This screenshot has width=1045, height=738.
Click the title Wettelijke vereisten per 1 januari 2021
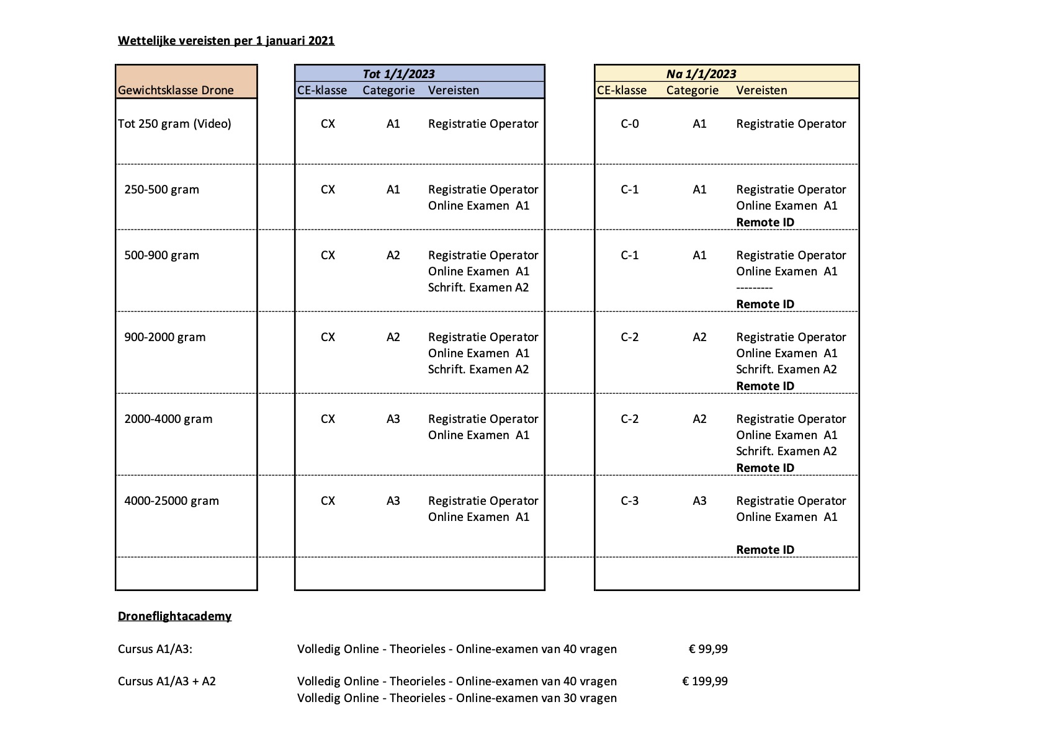[226, 41]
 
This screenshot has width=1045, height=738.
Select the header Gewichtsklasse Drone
[176, 90]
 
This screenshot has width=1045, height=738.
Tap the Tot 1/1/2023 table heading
[398, 74]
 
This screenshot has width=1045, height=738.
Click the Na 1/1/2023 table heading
[701, 74]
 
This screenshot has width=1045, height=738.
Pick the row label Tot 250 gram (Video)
[174, 123]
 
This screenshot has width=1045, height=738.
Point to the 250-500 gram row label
[161, 189]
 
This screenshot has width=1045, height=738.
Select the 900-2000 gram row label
[164, 337]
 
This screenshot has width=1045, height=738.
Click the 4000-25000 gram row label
[171, 500]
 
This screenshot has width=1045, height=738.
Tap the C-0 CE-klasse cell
[629, 123]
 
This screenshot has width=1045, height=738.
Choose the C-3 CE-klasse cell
[629, 500]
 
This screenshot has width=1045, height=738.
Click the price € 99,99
[708, 649]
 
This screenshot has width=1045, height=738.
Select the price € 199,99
[705, 681]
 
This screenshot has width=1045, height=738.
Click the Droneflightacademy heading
[174, 616]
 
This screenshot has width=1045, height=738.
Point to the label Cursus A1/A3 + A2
[167, 681]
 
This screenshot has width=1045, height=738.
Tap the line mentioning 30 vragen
[457, 698]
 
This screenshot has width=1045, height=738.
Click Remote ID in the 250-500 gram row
[765, 222]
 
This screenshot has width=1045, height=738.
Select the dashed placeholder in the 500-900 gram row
[754, 288]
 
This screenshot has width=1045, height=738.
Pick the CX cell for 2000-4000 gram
[328, 419]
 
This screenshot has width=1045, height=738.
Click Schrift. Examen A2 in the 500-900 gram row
[478, 287]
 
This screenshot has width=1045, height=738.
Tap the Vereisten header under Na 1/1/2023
[761, 90]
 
